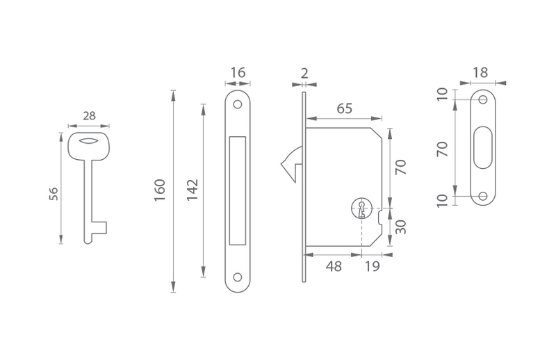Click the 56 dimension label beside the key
(x=54, y=194)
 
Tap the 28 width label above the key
(x=90, y=115)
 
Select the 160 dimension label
(x=160, y=190)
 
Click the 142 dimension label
(x=193, y=190)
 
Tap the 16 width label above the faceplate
(x=238, y=73)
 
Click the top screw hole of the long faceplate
(x=238, y=104)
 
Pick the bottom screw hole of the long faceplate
(x=238, y=277)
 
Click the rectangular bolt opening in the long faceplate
(x=238, y=191)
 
